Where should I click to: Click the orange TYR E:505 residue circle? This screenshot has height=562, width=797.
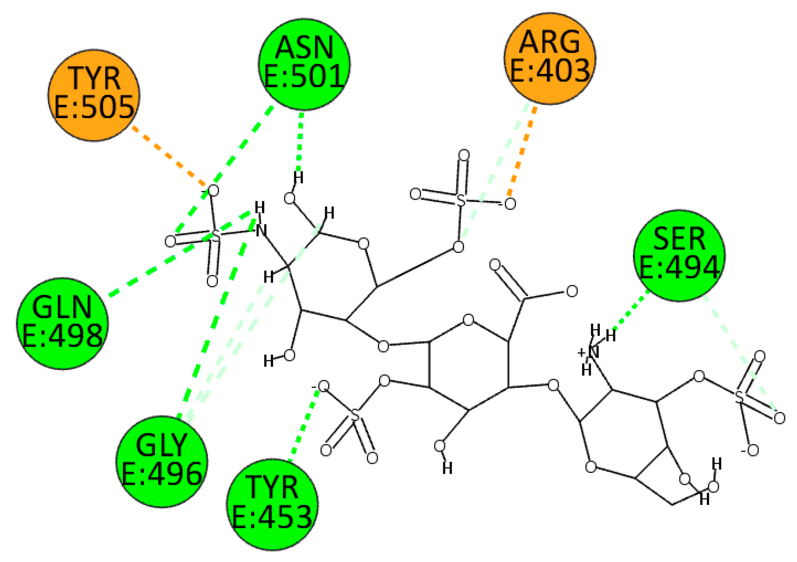(94, 95)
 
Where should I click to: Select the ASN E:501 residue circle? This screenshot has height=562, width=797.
(304, 64)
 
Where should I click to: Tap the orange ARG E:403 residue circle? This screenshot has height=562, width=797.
(549, 59)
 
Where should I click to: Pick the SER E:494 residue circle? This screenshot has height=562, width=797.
(679, 255)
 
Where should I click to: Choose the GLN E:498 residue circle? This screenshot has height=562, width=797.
(62, 323)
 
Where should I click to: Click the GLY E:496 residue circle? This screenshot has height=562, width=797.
(162, 461)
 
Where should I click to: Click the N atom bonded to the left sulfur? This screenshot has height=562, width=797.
(261, 231)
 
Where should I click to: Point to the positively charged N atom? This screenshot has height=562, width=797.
(593, 352)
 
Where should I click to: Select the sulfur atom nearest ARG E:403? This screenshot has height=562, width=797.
(461, 200)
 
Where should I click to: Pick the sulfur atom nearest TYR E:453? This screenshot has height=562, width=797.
(355, 416)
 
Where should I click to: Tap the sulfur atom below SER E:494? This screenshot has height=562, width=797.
(739, 396)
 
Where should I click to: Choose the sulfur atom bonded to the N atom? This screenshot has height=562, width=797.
(215, 235)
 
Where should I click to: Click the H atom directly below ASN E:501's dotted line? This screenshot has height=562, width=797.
(298, 178)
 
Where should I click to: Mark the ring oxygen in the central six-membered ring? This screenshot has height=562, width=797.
(468, 320)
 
